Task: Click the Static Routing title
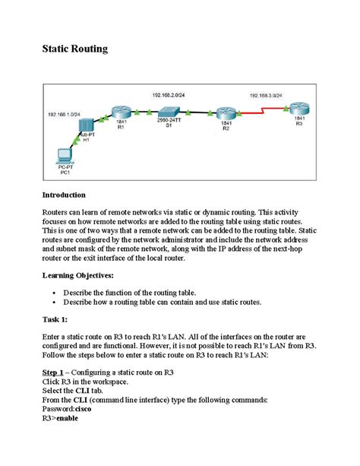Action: point(74,49)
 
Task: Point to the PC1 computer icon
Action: point(65,155)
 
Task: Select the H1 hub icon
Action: point(86,124)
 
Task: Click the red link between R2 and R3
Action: point(262,109)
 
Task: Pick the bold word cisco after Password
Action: point(81,408)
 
